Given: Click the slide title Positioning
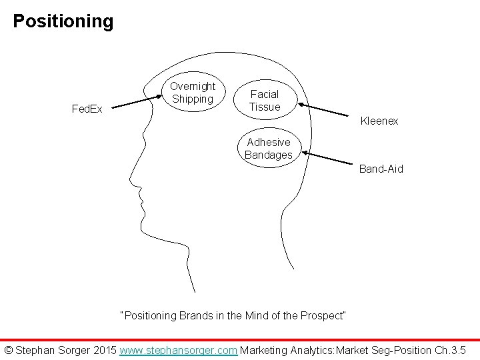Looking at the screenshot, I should pos(63,21).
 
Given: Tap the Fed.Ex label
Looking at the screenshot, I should pos(87,109).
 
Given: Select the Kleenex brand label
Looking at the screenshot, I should pos(379,121).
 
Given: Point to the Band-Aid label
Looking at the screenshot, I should pos(381,169).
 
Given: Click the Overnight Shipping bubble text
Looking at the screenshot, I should pos(193,93).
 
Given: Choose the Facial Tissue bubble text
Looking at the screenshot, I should pos(265,101).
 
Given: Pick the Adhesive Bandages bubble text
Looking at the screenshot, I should pos(269,148).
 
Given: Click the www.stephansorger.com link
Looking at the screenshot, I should pos(178,349).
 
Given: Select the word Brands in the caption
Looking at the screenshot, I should pos(197,315).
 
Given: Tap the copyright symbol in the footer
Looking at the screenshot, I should pos(9,349).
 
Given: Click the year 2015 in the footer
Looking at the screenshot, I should pos(105,349).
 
